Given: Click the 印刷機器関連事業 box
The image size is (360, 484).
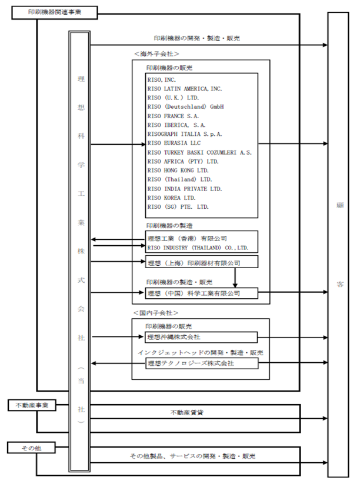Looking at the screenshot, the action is point(55,13).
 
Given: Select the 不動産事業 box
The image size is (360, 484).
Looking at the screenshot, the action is point(32,405).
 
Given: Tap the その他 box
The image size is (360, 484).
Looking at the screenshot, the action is point(31,448).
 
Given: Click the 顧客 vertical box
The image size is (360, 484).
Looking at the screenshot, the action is point(338,245).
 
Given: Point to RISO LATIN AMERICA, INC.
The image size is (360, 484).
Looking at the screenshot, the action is point(185,89).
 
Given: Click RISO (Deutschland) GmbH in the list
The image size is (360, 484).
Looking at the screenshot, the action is point(185,107).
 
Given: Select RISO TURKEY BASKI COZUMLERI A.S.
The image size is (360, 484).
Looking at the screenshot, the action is point(199,152).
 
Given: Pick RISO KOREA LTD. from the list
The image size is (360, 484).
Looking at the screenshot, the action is point(171,198).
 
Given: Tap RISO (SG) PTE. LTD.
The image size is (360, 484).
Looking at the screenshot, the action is point(178,207).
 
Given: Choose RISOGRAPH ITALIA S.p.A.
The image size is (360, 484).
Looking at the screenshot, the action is point(185,134).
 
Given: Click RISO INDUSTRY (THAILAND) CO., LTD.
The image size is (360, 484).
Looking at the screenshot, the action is point(198,248).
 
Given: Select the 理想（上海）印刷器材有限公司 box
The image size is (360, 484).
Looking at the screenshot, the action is point(202,262).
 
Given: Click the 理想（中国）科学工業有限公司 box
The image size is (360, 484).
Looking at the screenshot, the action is point(202,293).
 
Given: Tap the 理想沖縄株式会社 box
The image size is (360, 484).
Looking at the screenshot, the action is point(201,337).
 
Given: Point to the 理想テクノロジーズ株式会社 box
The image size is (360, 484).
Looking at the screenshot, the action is point(202,363).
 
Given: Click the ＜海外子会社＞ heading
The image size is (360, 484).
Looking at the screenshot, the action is point(156,54).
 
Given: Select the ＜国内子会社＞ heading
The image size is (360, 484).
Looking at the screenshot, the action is point(156,313).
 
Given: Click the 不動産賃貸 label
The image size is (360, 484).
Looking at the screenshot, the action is point(187,412).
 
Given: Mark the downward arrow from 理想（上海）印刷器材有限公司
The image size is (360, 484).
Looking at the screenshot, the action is point(235,278).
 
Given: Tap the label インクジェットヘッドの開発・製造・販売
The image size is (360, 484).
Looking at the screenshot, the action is point(201,352).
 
